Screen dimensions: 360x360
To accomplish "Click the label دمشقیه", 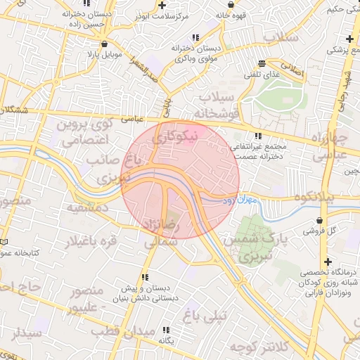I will click(86, 208).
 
